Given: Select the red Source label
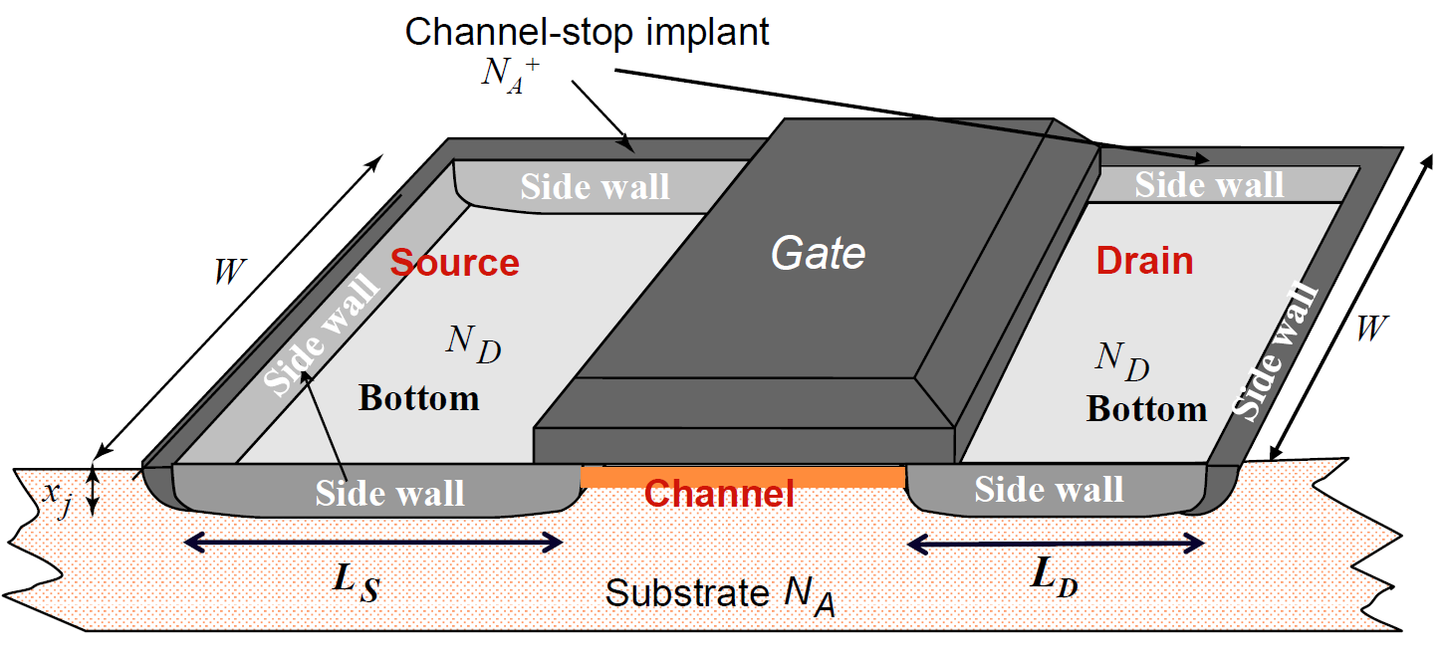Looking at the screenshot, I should pyautogui.click(x=454, y=263).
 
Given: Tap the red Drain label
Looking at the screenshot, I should pyautogui.click(x=1144, y=261).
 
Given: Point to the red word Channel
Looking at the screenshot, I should pyautogui.click(x=719, y=493).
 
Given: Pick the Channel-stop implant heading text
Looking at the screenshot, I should pyautogui.click(x=588, y=32).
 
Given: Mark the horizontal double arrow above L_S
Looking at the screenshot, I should pyautogui.click(x=375, y=542).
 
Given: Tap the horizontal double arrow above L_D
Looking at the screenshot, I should pyautogui.click(x=1057, y=544).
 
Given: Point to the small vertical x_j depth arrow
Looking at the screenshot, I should pyautogui.click(x=93, y=493).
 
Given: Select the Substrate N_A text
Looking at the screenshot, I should pyautogui.click(x=721, y=594).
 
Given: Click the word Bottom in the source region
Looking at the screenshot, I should pyautogui.click(x=419, y=398).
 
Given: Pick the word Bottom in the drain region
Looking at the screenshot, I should pyautogui.click(x=1146, y=409).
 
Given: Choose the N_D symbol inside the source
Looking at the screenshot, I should pyautogui.click(x=473, y=343).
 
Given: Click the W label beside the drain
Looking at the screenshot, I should pyautogui.click(x=1371, y=329).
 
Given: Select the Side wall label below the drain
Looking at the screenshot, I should pyautogui.click(x=1049, y=489).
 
